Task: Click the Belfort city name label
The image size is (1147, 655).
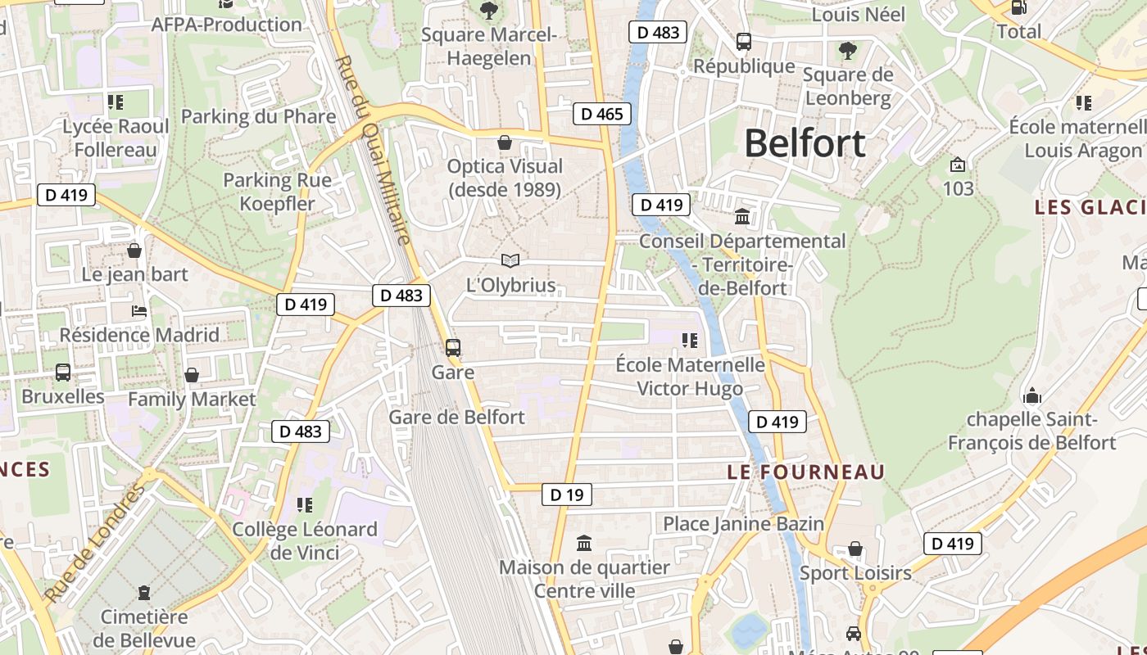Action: click(805, 143)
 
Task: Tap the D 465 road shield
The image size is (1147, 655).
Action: click(602, 114)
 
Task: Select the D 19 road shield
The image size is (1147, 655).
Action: click(566, 495)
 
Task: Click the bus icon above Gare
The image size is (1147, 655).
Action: click(453, 347)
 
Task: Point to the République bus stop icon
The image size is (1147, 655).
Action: click(744, 42)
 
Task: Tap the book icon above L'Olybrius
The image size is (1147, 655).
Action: click(510, 260)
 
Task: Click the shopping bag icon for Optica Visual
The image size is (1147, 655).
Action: click(505, 142)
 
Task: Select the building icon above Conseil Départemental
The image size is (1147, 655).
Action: click(743, 216)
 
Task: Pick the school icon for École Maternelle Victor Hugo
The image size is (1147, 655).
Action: click(690, 340)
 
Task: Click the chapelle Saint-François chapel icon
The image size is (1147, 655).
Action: click(1032, 396)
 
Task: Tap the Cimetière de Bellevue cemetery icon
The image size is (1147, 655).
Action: click(144, 592)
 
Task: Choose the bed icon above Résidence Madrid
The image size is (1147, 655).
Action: click(139, 311)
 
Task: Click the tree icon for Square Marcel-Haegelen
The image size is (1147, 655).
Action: click(489, 11)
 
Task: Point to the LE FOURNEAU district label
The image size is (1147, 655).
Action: click(806, 472)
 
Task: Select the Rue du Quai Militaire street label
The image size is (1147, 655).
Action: click(373, 150)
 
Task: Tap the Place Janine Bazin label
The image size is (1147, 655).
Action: click(743, 523)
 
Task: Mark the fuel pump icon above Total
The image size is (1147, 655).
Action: click(1019, 7)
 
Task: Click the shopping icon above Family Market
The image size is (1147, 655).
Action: click(192, 375)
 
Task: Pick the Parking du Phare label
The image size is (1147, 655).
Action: click(258, 116)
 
